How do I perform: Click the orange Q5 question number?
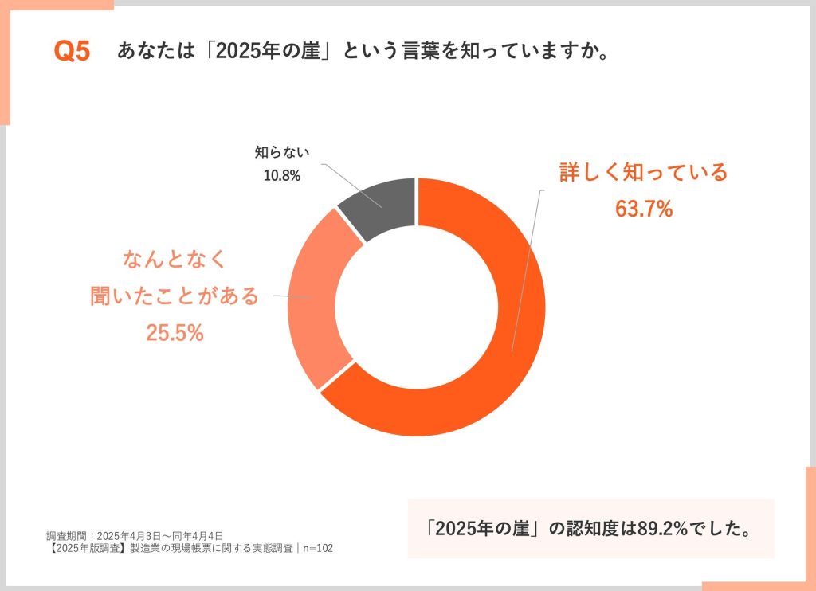[72, 52]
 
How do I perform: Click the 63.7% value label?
[644, 209]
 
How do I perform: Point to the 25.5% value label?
[175, 333]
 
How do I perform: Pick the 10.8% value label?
[282, 175]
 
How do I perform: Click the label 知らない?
[281, 151]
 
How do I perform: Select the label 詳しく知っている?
[644, 172]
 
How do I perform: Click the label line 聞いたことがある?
[175, 295]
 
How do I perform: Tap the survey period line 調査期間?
[135, 535]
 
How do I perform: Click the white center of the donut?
[417, 307]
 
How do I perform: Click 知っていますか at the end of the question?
[541, 52]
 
